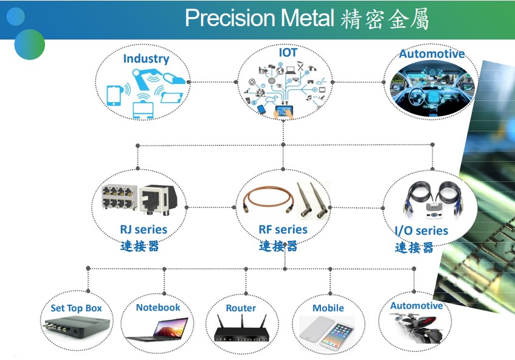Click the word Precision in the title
click(x=230, y=18)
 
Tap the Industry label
click(x=146, y=59)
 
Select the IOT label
click(x=288, y=52)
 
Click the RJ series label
click(x=143, y=229)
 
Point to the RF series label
click(x=283, y=229)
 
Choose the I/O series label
click(x=421, y=230)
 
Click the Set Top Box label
click(x=76, y=308)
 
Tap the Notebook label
click(x=158, y=308)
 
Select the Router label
click(x=241, y=308)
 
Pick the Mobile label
click(x=328, y=308)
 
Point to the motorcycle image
click(x=415, y=328)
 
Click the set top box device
click(x=76, y=327)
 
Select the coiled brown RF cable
click(x=268, y=199)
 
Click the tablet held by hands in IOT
click(x=284, y=111)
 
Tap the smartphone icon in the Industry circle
click(x=114, y=95)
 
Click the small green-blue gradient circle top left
click(x=30, y=44)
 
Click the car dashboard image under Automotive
click(x=432, y=89)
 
